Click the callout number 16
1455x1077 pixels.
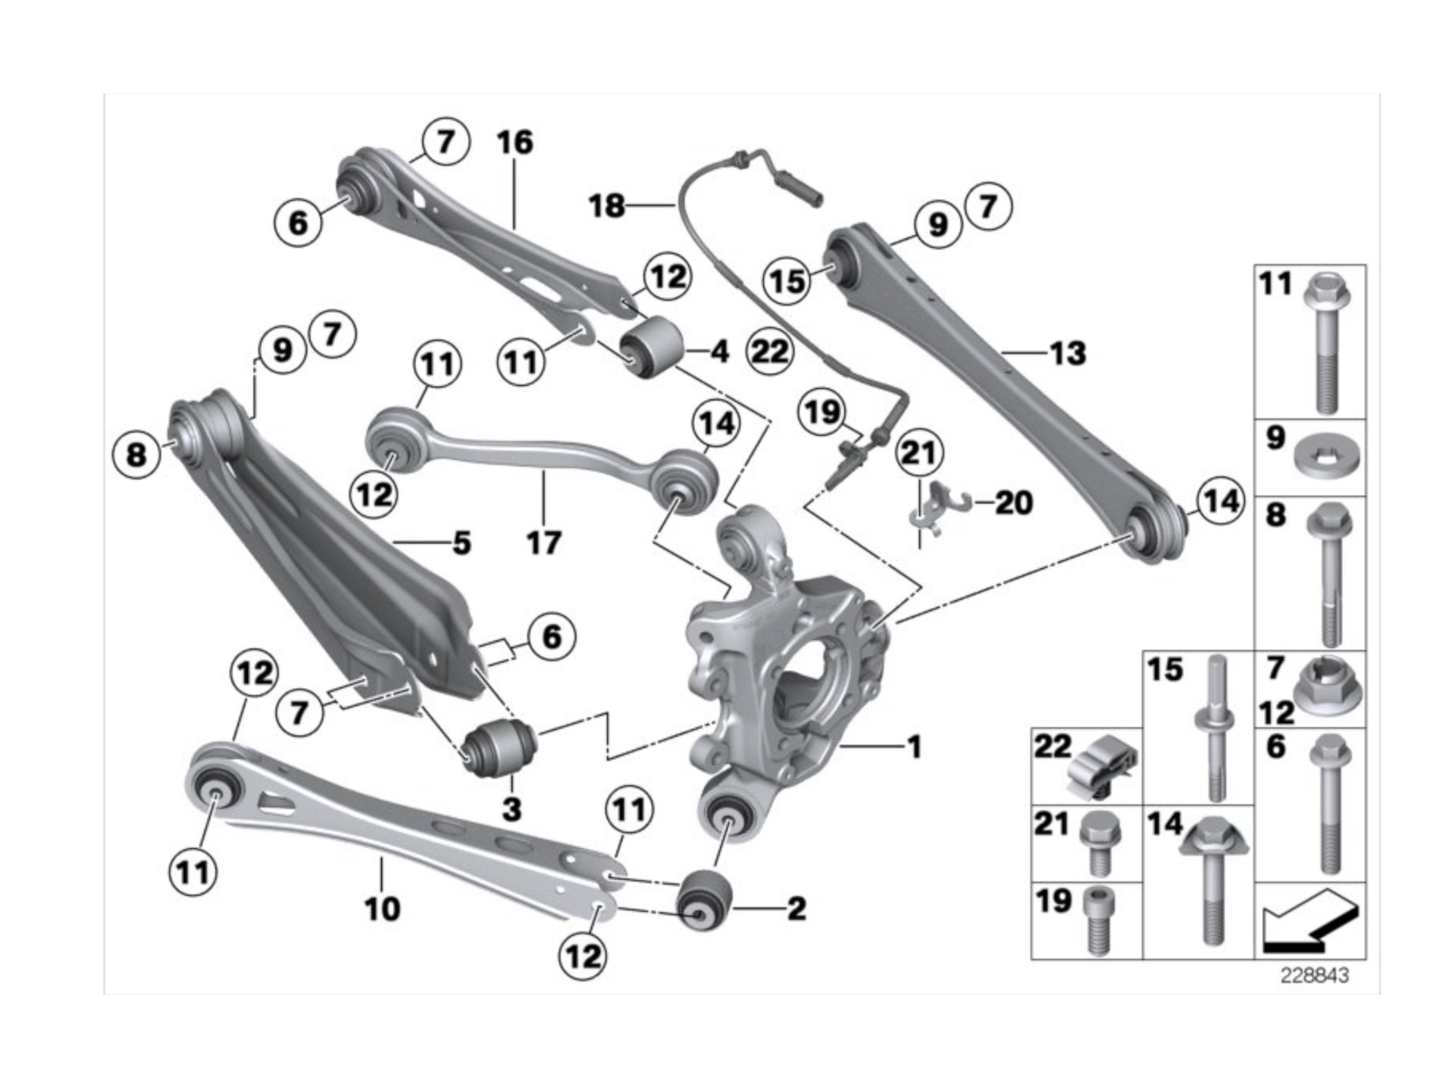click(x=515, y=142)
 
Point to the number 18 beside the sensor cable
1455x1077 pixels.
click(x=607, y=205)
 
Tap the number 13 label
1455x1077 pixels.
click(x=1068, y=353)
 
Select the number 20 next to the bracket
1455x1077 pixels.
click(x=1013, y=502)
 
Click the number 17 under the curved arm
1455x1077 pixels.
click(x=543, y=543)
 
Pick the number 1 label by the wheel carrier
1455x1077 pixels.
click(x=915, y=747)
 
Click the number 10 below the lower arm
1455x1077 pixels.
click(x=382, y=908)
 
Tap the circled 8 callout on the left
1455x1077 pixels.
click(x=136, y=455)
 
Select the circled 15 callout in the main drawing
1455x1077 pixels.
click(x=787, y=281)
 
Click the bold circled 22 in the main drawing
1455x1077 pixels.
click(x=770, y=352)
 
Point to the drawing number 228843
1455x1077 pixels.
click(x=1315, y=975)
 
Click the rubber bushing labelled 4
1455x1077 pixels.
click(x=651, y=347)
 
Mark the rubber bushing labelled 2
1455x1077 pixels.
click(x=703, y=900)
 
